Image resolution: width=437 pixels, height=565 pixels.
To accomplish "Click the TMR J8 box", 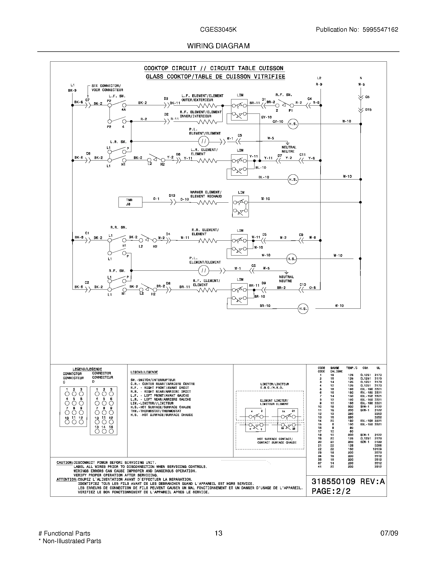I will [130, 202].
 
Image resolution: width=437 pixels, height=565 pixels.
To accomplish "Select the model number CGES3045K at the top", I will [218, 30].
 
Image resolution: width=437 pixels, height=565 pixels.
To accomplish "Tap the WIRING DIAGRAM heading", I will [218, 46].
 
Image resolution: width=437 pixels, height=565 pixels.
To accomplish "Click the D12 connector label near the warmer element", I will [172, 196].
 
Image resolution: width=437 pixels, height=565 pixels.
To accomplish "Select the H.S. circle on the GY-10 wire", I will [293, 124].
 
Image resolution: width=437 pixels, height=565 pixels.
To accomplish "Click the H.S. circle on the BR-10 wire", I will [303, 309].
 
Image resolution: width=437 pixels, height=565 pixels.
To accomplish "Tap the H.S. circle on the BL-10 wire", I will [293, 180].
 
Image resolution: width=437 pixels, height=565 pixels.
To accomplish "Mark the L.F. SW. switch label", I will [117, 96].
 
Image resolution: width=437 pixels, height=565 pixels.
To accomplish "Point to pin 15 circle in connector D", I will [111, 431].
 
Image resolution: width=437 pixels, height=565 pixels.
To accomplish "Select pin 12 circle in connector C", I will [81, 422].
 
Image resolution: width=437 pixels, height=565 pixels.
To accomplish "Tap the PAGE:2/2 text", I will [331, 491].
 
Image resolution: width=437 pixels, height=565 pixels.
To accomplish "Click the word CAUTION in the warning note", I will [65, 463].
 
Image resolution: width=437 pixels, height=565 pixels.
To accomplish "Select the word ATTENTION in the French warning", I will [67, 479].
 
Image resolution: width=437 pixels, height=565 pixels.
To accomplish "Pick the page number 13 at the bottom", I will [219, 533].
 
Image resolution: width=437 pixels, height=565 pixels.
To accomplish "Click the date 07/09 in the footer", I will [389, 533].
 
